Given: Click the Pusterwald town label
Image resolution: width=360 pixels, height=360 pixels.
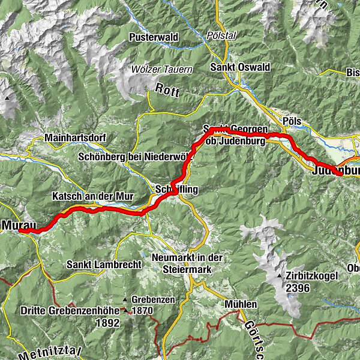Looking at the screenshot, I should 154,37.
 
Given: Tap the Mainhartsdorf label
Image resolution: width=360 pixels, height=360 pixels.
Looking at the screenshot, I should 75,138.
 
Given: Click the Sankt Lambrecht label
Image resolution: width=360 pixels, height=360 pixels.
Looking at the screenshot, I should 104,264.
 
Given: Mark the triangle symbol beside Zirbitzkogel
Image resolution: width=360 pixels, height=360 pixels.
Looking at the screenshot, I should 280,276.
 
